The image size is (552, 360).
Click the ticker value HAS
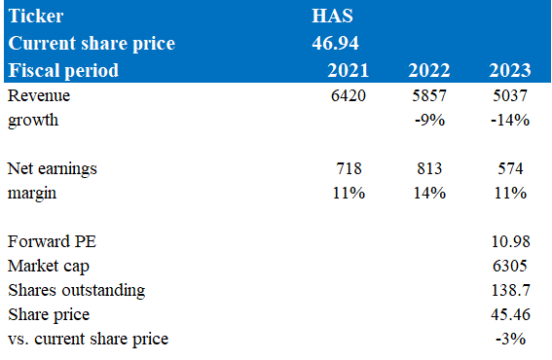332,16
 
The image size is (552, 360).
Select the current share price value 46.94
335,43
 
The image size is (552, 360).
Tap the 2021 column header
349,70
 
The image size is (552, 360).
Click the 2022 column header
429,70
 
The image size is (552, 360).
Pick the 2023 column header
510,70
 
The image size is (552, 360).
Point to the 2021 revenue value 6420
349,95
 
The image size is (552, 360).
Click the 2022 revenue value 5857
429,95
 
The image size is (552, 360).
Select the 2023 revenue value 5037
510,95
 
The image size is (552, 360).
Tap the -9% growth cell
430,120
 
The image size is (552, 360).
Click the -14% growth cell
510,120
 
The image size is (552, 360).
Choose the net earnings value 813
429,168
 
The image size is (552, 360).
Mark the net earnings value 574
510,168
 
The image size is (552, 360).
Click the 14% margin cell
430,193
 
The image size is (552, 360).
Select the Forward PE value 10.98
510,241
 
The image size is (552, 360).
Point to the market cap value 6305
510,266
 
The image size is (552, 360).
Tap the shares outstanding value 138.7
510,290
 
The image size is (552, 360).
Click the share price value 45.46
510,314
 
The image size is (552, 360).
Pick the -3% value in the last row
510,339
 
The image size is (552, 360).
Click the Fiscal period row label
63,70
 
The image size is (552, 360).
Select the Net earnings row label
53,169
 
